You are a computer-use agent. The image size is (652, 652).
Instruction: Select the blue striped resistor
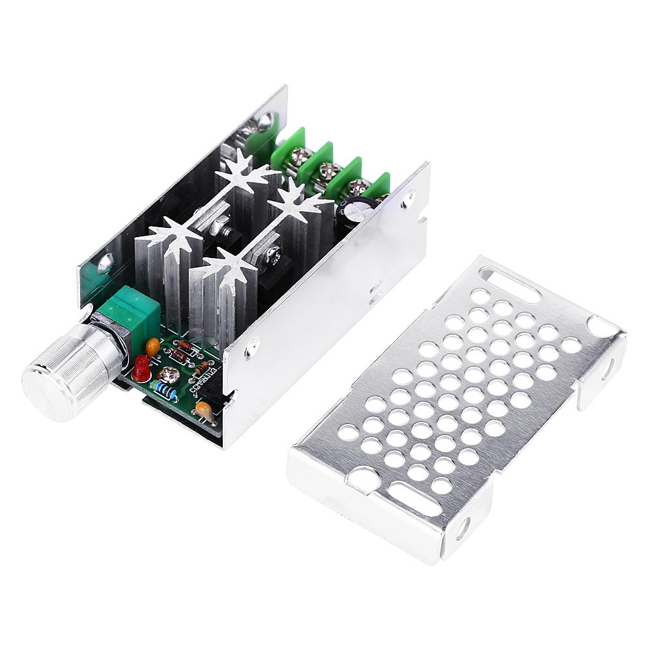click(x=165, y=389)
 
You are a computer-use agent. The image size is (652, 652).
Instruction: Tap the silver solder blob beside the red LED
click(x=171, y=373)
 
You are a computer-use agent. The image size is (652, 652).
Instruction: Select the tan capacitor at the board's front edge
click(x=205, y=410)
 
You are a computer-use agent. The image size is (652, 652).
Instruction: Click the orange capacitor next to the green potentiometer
click(x=153, y=346)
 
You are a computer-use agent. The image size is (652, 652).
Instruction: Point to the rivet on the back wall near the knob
click(x=105, y=263)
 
